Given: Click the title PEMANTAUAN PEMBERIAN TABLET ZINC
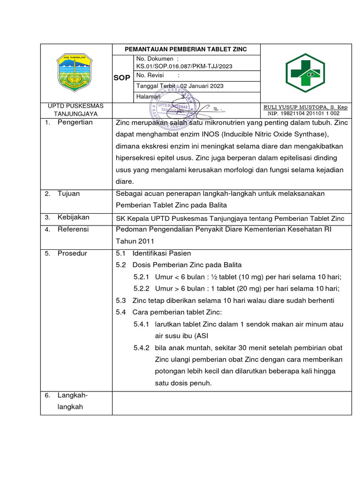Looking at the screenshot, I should pos(185,49).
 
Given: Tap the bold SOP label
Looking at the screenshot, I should pos(121,78).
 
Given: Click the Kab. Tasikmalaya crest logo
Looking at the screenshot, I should pos(75,72).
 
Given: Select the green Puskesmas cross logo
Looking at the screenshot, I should pos(306,73).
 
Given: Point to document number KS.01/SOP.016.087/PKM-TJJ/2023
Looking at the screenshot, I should pos(184,67).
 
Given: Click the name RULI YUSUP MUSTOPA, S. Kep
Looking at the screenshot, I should pos(306,107).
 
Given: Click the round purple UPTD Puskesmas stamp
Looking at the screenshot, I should pos(169,110).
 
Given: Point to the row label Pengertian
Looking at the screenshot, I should pos(75,122).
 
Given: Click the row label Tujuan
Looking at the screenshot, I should pos(68,194).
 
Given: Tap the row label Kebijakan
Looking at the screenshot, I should pos(73,217).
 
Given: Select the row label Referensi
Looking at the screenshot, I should pos(73,230).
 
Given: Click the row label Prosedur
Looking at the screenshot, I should pos(72,254).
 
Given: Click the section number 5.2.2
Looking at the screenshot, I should pos(141,289).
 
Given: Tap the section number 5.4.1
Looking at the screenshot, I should pos(141,324).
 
